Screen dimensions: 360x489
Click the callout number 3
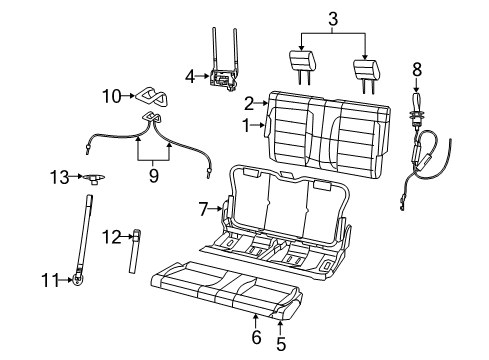pos(332,18)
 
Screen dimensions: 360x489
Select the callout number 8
pos(418,70)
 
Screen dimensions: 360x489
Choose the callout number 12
pos(112,236)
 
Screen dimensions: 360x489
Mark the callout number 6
pos(256,338)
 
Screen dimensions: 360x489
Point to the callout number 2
pos(247,101)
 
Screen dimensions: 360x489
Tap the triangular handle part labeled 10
pos(150,96)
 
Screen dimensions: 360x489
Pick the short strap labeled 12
pos(134,252)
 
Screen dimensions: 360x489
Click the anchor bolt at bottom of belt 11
pos(76,281)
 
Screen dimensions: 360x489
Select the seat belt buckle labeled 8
pos(416,103)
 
